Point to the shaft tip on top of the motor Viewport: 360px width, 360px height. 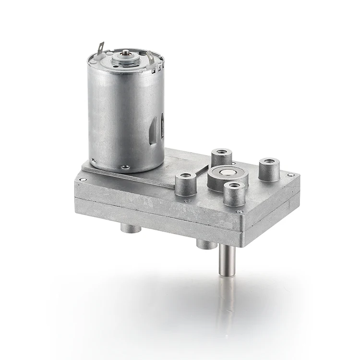tap(126, 52)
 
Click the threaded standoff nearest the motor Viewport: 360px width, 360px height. tap(185, 184)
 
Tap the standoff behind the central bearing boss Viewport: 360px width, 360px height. tap(221, 158)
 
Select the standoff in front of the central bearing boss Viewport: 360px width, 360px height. tap(234, 193)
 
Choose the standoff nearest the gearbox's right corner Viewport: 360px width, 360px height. tap(269, 169)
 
